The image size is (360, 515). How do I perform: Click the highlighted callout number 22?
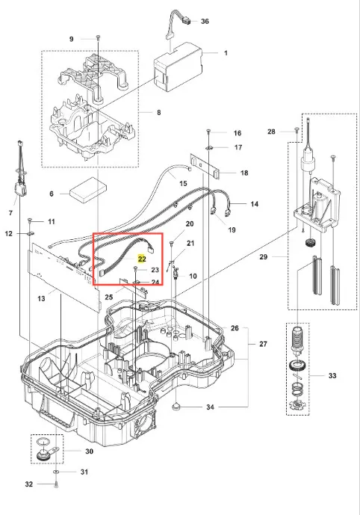[142, 259]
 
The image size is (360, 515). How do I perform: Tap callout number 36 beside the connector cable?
[205, 22]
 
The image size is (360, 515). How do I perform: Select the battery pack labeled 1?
[179, 67]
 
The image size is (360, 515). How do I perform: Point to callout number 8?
[159, 112]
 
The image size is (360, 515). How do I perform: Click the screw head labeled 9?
[98, 36]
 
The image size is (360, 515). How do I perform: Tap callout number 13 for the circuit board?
[41, 298]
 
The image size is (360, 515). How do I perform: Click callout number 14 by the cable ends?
[255, 204]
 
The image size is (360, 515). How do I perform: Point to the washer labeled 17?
[209, 147]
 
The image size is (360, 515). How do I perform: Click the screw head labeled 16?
[208, 132]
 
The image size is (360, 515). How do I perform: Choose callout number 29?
[264, 257]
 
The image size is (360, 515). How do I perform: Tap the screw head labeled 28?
[297, 129]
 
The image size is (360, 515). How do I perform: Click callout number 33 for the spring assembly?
[332, 375]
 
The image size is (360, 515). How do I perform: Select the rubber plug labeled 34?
[177, 407]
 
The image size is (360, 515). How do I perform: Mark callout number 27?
[263, 344]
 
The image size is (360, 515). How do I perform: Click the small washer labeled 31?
[56, 472]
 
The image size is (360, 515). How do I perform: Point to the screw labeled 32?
[56, 484]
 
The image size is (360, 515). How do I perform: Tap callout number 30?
[90, 451]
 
